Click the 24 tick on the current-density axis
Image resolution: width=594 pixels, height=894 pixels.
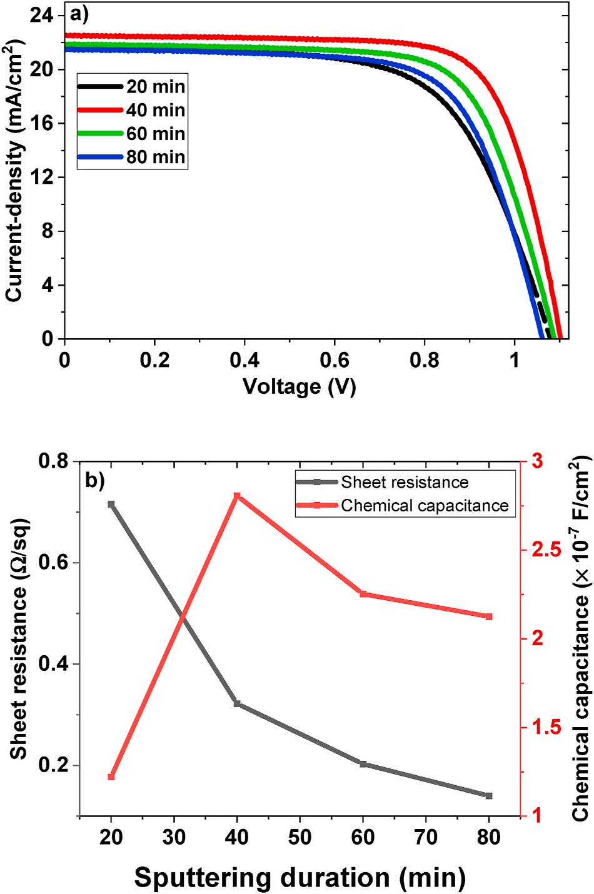41,16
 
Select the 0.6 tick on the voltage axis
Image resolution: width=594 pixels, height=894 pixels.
334,361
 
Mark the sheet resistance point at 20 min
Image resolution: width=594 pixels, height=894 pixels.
111,504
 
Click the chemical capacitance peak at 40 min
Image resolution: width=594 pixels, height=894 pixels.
237,496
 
